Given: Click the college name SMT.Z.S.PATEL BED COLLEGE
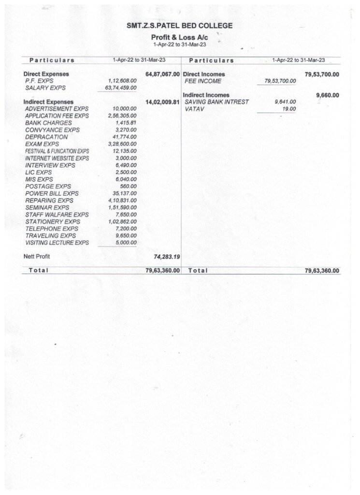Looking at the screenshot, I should pos(179,26).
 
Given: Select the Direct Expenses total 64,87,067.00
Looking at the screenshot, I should pos(162,74).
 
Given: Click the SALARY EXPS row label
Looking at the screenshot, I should pos(45,88).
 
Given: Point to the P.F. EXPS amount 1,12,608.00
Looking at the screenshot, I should pos(119,81).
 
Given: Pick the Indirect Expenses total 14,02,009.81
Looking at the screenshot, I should pos(162,102).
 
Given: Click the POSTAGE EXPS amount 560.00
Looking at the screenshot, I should pos(128,186).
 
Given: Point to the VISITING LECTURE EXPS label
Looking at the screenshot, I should pos(57,243).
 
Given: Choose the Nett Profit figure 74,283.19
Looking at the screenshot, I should pos(166,257).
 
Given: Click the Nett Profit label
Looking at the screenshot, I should pos(37,256).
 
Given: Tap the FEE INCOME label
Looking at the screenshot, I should pos(203,81).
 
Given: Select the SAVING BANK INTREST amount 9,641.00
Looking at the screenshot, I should pos(285,102).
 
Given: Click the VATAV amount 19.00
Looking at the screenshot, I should pos(289,109).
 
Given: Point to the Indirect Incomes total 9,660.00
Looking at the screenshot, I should pos(328,95).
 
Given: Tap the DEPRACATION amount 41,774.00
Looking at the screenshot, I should pos(124,137).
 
